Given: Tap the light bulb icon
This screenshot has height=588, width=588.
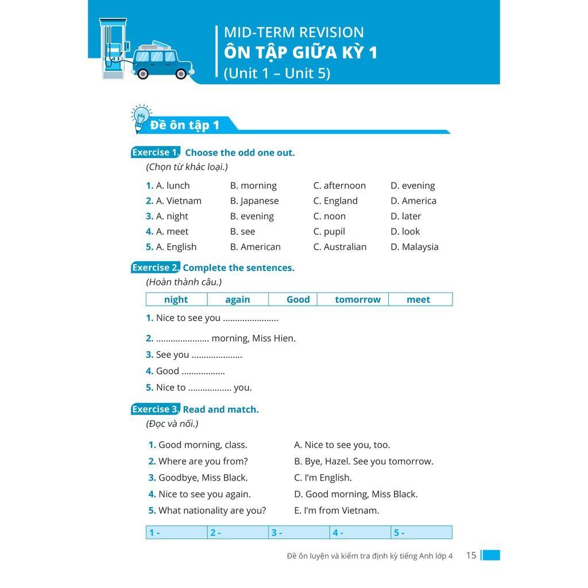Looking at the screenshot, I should click(140, 117).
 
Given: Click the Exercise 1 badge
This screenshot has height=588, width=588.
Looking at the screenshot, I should click(155, 152).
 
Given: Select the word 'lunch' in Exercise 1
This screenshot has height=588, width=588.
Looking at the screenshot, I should click(178, 185).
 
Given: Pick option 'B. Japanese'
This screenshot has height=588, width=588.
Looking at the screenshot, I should click(254, 201).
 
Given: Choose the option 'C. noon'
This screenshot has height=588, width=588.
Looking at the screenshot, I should click(330, 216).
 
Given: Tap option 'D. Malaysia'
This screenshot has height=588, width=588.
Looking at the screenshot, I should click(415, 247).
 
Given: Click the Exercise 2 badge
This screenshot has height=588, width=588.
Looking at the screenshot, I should click(155, 268).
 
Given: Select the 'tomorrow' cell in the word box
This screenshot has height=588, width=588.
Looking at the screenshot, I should click(358, 299).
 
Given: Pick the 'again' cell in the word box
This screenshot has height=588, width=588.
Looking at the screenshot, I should click(238, 299).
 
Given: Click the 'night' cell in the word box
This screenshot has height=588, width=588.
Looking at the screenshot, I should click(176, 299).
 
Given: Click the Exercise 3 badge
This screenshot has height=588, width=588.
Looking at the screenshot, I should click(155, 409).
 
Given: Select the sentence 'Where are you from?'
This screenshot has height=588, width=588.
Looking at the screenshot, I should click(203, 461).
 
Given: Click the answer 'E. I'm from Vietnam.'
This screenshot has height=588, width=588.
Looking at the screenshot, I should click(336, 510).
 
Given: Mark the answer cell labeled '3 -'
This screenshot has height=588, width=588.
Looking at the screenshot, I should click(299, 532).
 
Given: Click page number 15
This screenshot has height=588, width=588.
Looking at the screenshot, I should click(471, 555).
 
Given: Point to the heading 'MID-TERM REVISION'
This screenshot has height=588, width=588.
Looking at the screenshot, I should click(294, 33).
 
